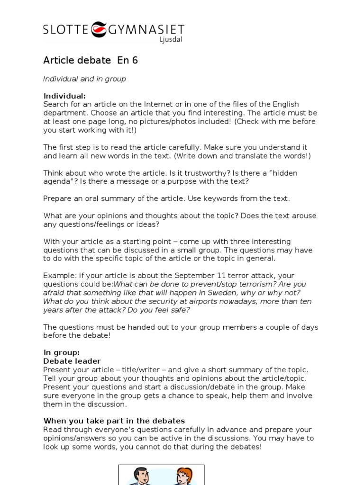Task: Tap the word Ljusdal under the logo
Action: click(171, 40)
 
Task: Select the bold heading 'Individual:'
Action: click(64, 96)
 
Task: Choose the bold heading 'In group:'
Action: click(62, 352)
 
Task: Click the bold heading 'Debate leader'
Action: click(72, 361)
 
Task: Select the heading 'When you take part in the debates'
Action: click(114, 421)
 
